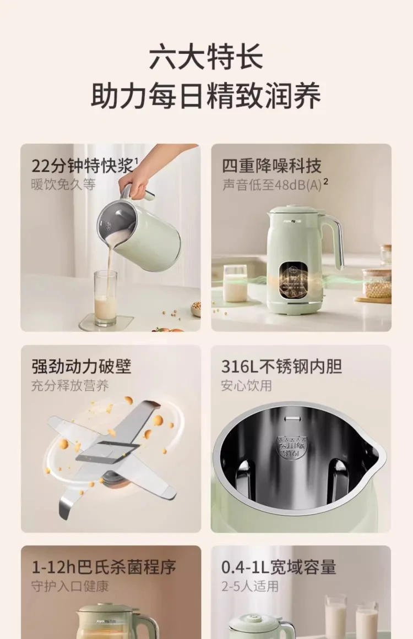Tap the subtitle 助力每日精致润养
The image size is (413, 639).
pyautogui.click(x=206, y=97)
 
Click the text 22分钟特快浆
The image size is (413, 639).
pyautogui.click(x=83, y=165)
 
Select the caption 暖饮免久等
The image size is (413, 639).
pyautogui.click(x=63, y=184)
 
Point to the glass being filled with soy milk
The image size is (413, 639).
pyautogui.click(x=105, y=299)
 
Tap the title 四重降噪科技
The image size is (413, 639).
pyautogui.click(x=271, y=165)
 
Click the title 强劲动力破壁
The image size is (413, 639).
pyautogui.click(x=81, y=366)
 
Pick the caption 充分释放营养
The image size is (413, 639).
pyautogui.click(x=70, y=385)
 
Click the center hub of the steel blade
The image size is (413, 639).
pyautogui.click(x=107, y=454)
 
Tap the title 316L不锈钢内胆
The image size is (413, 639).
pyautogui.click(x=281, y=366)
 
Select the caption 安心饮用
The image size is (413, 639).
pyautogui.click(x=247, y=385)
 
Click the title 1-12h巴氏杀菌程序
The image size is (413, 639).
pyautogui.click(x=104, y=567)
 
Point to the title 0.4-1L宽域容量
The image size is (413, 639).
pyautogui.click(x=279, y=567)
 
